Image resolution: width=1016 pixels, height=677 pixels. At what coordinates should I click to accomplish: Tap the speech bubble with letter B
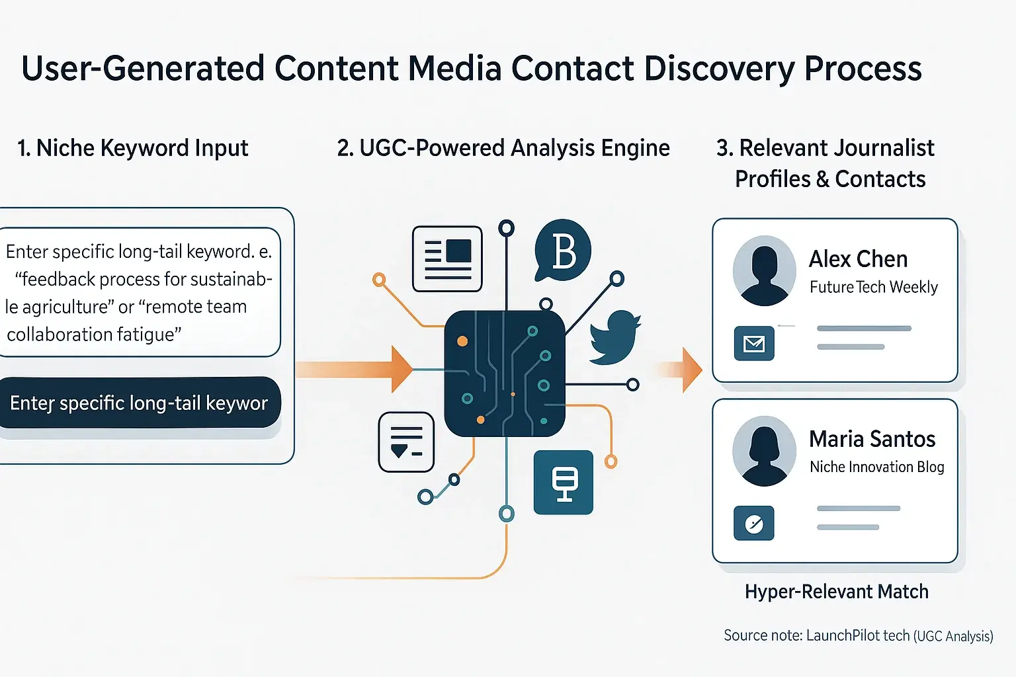pyautogui.click(x=562, y=251)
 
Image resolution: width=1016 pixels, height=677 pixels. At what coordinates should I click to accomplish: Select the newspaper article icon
pyautogui.click(x=447, y=259)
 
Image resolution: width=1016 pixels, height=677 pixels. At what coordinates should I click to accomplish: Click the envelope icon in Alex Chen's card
pyautogui.click(x=754, y=343)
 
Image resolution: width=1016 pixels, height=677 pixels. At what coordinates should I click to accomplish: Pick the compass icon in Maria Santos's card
pyautogui.click(x=754, y=524)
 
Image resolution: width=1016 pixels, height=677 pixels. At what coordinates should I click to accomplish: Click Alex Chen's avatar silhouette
pyautogui.click(x=764, y=270)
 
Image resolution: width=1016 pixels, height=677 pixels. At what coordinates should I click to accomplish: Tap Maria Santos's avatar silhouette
pyautogui.click(x=764, y=451)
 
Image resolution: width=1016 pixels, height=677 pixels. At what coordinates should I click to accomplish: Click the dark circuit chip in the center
pyautogui.click(x=505, y=374)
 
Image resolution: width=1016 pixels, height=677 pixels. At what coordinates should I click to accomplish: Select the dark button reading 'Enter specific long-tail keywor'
pyautogui.click(x=139, y=403)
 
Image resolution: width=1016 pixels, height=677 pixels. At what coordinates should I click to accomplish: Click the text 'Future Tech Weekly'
pyautogui.click(x=873, y=287)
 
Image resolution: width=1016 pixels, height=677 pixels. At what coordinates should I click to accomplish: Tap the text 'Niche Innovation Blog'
pyautogui.click(x=876, y=467)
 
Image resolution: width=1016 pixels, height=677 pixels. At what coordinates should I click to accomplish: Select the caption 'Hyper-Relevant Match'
pyautogui.click(x=836, y=591)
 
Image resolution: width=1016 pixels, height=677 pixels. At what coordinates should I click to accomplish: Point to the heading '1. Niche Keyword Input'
pyautogui.click(x=132, y=148)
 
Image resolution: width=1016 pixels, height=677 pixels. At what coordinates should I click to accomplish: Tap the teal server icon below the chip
pyautogui.click(x=564, y=483)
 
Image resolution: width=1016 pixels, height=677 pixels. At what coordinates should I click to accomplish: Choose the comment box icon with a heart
pyautogui.click(x=406, y=442)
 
